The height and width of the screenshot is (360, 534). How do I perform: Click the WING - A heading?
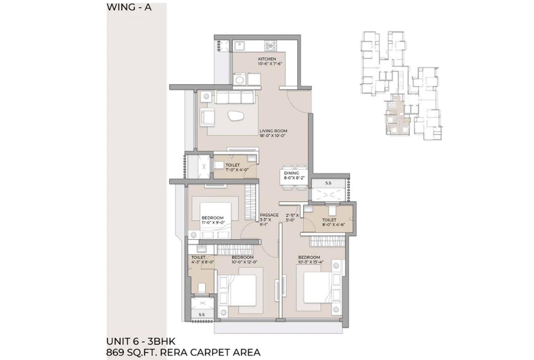[x=129, y=7]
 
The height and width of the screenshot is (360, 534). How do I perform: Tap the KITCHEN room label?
[x=267, y=59]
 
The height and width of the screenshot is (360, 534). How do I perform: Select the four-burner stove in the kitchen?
[x=270, y=45]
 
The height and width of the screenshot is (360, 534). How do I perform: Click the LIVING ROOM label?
[x=273, y=131]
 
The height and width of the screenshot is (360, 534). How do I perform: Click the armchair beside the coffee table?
[x=208, y=117]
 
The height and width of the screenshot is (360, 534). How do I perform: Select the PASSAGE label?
[x=269, y=215]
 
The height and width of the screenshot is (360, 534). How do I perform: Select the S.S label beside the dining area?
[x=328, y=183]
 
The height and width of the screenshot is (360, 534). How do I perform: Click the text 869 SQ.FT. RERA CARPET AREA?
[x=183, y=352]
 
